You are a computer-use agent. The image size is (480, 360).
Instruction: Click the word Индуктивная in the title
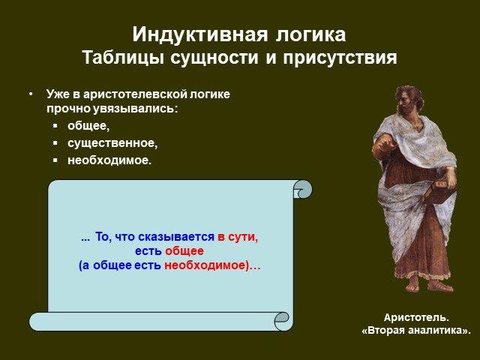pos(200,34)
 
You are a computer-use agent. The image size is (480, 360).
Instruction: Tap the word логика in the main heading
pos(310,34)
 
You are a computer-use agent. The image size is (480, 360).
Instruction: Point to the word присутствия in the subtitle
pos(340,58)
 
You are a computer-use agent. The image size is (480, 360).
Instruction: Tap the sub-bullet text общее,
pos(88,126)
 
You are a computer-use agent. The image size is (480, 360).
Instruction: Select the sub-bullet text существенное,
pos(112,143)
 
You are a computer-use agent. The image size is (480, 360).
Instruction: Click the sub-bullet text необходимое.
pos(109,160)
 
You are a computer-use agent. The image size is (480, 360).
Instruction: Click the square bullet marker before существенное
pos(55,142)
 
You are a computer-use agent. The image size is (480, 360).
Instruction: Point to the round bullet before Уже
pos(31,94)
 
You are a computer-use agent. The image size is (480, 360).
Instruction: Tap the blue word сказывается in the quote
pos(176,237)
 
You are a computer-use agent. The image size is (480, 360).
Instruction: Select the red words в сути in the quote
pos(238,237)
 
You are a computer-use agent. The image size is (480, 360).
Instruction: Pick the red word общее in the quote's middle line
pos(184,251)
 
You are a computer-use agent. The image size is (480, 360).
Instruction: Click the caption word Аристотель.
pos(416,317)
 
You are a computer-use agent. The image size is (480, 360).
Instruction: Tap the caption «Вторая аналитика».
pos(416,331)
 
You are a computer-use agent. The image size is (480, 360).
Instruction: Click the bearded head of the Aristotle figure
pos(409,100)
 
